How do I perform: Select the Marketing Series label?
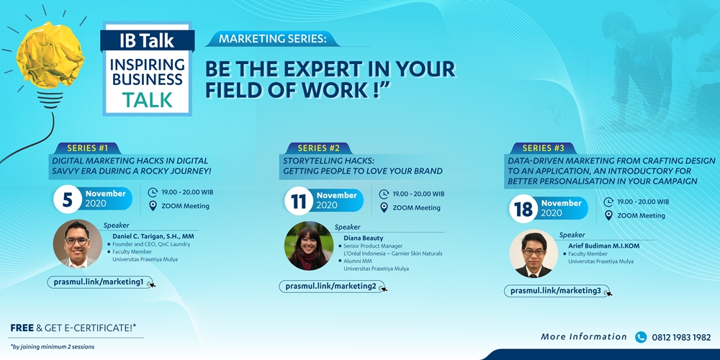pyautogui.click(x=273, y=39)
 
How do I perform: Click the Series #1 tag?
pyautogui.click(x=87, y=148)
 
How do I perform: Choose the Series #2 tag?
pyautogui.click(x=318, y=148)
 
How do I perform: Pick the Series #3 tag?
pyautogui.click(x=543, y=148)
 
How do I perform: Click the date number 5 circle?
pyautogui.click(x=68, y=199)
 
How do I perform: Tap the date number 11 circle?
pyautogui.click(x=299, y=202)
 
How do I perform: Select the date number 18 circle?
pyautogui.click(x=523, y=209)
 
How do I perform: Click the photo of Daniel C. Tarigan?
pyautogui.click(x=77, y=244)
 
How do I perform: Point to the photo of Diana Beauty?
pyautogui.click(x=309, y=246)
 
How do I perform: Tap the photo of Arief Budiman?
pyautogui.click(x=533, y=253)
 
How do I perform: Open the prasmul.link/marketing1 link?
pyautogui.click(x=101, y=282)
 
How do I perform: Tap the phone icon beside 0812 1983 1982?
pyautogui.click(x=641, y=337)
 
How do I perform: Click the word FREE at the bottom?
pyautogui.click(x=22, y=328)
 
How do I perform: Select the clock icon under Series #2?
pyautogui.click(x=384, y=194)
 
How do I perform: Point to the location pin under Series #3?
pyautogui.click(x=608, y=215)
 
